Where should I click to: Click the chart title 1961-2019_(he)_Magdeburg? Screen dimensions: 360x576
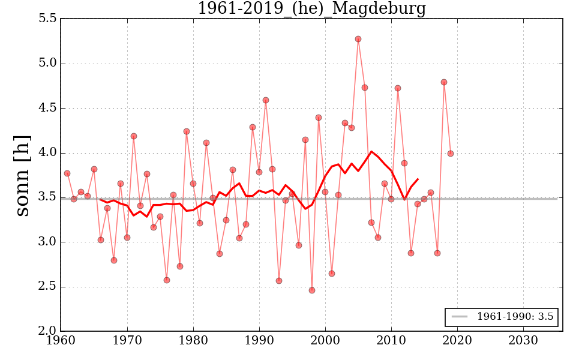tap(311, 8)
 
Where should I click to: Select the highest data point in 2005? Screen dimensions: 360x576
tap(358, 39)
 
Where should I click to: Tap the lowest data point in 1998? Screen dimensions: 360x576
tap(312, 290)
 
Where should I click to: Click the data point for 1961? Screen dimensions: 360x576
tap(67, 173)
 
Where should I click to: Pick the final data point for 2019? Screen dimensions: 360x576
tap(451, 154)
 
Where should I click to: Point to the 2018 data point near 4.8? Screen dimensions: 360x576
tap(444, 82)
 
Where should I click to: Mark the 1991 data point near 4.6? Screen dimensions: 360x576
tap(266, 100)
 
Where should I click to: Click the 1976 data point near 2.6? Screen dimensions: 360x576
tap(167, 280)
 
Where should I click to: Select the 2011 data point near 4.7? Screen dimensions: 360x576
tap(398, 88)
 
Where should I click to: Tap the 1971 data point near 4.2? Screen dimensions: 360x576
tap(134, 136)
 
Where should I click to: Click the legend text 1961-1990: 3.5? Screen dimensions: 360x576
tap(515, 317)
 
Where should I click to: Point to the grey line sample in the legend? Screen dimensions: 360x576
tap(460, 317)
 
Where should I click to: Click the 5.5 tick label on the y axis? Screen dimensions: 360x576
tap(47, 19)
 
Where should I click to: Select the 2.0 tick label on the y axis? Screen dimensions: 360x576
tap(47, 331)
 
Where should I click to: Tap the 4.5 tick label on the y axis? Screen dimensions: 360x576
tap(47, 109)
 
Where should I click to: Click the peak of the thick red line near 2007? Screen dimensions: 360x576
tap(371, 151)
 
